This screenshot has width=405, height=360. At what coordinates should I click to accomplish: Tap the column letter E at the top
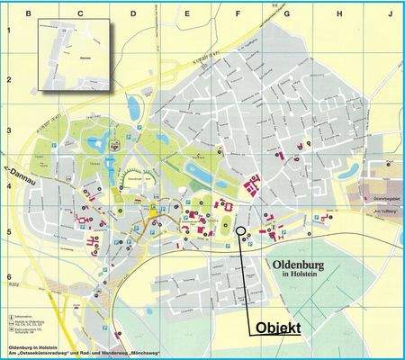click(186, 13)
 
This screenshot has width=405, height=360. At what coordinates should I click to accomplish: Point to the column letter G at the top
click(287, 13)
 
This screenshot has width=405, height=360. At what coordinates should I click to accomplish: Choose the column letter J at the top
click(391, 13)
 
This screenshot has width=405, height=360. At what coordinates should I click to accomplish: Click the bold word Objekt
click(279, 328)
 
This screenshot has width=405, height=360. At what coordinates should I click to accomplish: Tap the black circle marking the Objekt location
click(239, 231)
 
